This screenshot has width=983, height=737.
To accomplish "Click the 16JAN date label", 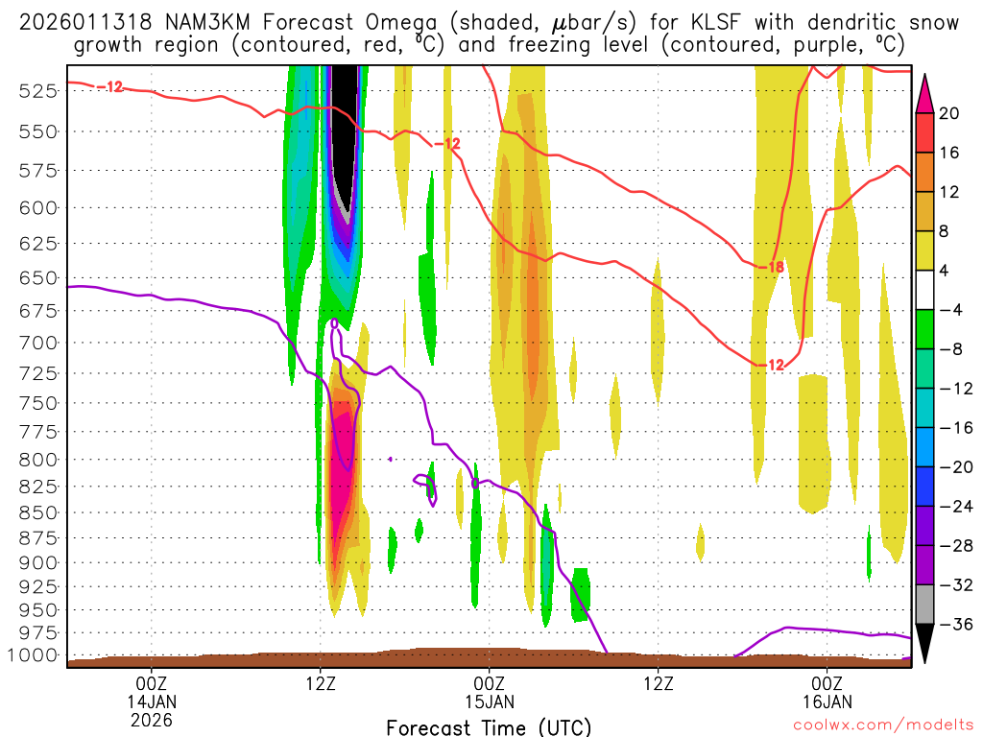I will point(827,701).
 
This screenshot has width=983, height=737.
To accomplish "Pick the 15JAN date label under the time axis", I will point(490,701).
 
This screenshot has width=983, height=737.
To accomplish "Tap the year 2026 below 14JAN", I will point(152,718).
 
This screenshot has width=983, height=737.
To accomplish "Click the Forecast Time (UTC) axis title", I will point(489,726).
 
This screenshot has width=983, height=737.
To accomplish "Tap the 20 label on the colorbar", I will point(949,113).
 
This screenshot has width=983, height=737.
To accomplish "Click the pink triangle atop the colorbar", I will point(924,89).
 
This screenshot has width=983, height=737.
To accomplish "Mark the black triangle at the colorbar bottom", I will point(924,644).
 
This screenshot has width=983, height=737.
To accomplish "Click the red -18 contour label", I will point(772,267).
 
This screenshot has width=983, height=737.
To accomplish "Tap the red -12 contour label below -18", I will point(773,365).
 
